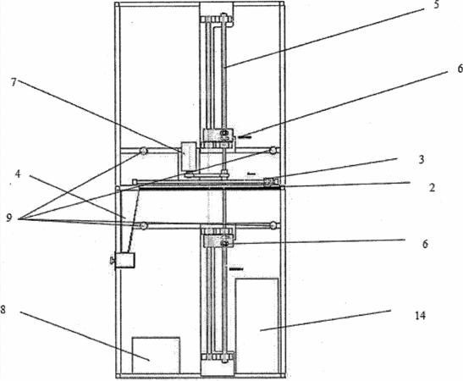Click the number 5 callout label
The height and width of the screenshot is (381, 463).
pyautogui.click(x=437, y=5)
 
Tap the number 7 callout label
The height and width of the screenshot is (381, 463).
pyautogui.click(x=14, y=82)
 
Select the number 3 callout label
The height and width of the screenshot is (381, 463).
pyautogui.click(x=422, y=159)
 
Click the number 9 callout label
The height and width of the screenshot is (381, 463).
pyautogui.click(x=9, y=218)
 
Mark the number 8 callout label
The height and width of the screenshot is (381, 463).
pyautogui.click(x=3, y=310)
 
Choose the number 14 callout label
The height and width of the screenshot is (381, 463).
pyautogui.click(x=420, y=316)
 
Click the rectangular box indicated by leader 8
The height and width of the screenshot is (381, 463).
pyautogui.click(x=156, y=356)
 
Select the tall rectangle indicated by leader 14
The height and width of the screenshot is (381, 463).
pyautogui.click(x=257, y=326)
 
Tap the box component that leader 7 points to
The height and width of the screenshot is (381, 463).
pyautogui.click(x=189, y=157)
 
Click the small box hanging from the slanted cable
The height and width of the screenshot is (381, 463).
pyautogui.click(x=125, y=260)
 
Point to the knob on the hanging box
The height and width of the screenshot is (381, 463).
pyautogui.click(x=113, y=260)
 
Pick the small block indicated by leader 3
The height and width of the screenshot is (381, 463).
pyautogui.click(x=269, y=182)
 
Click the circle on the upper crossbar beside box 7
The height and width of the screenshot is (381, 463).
pyautogui.click(x=144, y=151)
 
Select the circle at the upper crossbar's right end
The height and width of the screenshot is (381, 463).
pyautogui.click(x=273, y=150)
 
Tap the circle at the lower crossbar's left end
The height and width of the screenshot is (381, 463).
pyautogui.click(x=144, y=226)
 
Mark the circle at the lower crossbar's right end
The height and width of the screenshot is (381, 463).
pyautogui.click(x=273, y=226)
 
